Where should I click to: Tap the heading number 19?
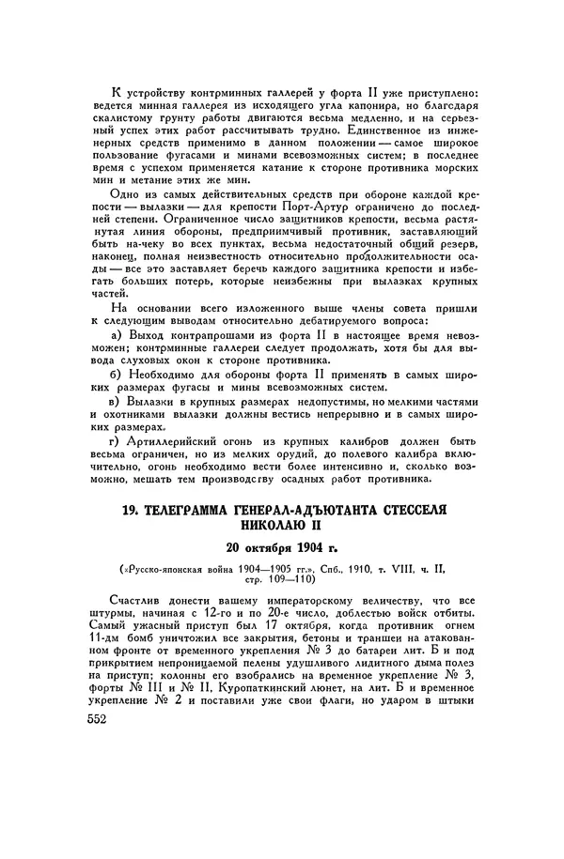coord(138,512)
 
